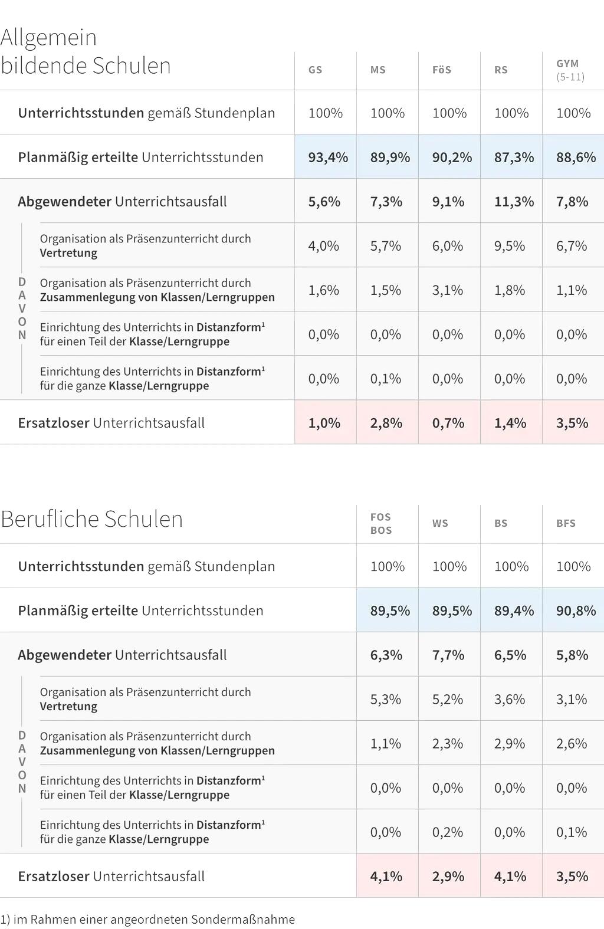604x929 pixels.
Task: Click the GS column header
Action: tap(316, 70)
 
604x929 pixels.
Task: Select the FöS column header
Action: tap(442, 70)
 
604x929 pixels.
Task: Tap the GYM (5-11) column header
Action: tap(570, 70)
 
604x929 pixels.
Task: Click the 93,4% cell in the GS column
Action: tap(327, 157)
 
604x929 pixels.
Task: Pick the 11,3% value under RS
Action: tap(513, 202)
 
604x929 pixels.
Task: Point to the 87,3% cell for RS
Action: tap(513, 157)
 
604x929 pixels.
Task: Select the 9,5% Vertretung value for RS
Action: tap(510, 246)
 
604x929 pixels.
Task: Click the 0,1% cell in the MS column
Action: tap(386, 379)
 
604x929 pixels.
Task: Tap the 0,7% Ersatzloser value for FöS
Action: tap(448, 423)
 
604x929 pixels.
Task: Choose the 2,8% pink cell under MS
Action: tap(386, 423)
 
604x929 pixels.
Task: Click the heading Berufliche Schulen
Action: tap(91, 519)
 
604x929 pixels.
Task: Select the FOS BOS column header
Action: tap(381, 523)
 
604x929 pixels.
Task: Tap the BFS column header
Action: tap(566, 523)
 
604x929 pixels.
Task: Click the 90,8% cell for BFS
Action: tap(575, 610)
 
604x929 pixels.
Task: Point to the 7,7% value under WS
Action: tap(448, 655)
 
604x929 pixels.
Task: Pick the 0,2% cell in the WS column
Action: tap(448, 832)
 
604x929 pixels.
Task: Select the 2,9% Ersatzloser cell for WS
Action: tap(448, 877)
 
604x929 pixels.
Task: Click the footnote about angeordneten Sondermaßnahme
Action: tap(147, 919)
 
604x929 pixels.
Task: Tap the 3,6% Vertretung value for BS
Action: tap(510, 699)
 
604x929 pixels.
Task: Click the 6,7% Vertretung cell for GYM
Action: tap(572, 246)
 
